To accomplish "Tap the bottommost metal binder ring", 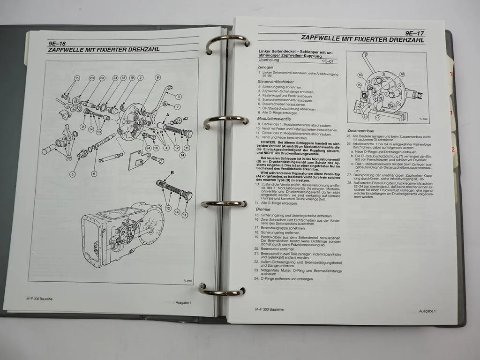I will coord(220,289).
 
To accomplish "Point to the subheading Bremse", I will coord(263,209).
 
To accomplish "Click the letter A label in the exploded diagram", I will coord(167,114).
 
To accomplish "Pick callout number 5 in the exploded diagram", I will coord(73,174).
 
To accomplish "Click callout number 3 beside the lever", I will coord(179,97).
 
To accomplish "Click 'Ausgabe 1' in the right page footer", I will coord(427,311).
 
